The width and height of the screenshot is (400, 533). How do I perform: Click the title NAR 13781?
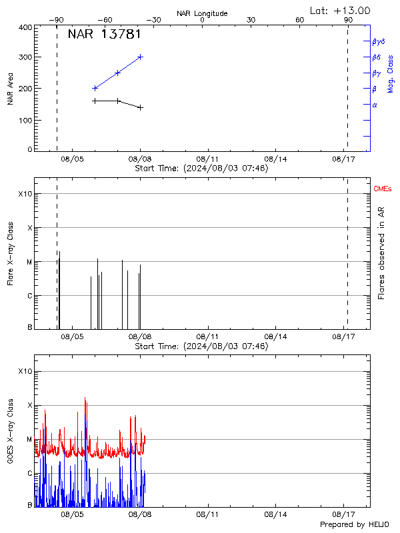click(104, 34)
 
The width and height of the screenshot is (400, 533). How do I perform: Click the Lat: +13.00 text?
click(341, 10)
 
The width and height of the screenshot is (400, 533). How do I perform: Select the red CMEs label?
click(383, 190)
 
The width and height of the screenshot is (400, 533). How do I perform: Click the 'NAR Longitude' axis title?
click(202, 13)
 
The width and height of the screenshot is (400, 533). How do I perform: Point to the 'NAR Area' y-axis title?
click(11, 89)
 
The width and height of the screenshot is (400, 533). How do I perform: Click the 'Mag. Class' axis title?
click(391, 73)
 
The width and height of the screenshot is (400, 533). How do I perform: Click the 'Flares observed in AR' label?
click(381, 252)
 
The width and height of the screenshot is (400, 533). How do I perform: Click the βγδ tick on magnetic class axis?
click(378, 41)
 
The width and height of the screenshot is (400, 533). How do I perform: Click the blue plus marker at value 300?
click(140, 57)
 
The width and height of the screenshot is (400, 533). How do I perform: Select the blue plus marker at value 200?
click(95, 88)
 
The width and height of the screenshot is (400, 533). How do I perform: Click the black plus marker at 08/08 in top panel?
click(140, 107)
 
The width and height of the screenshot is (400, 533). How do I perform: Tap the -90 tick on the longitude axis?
click(57, 20)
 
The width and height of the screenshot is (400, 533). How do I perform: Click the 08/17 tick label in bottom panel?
click(343, 514)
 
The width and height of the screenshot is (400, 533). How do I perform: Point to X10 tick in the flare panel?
click(25, 194)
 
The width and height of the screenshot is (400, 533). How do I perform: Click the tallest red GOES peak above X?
click(85, 398)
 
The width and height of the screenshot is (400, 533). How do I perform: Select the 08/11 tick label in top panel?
click(207, 159)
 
